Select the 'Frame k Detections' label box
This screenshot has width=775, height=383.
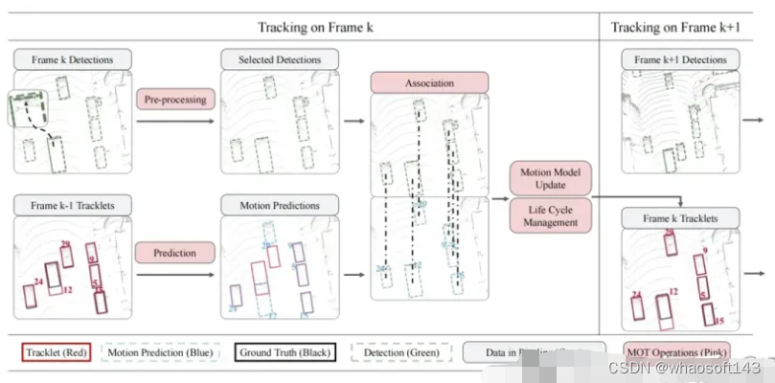(72, 59)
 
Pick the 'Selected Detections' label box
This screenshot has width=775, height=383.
(279, 59)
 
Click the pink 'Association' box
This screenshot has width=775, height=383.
(429, 81)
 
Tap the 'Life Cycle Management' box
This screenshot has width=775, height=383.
(551, 215)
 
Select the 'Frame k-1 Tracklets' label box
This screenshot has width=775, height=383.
(72, 204)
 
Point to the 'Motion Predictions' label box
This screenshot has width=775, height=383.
(279, 204)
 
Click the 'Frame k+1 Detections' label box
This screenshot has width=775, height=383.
(681, 59)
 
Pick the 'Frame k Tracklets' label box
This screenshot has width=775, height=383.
(681, 219)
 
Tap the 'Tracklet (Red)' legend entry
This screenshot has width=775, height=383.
(56, 352)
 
